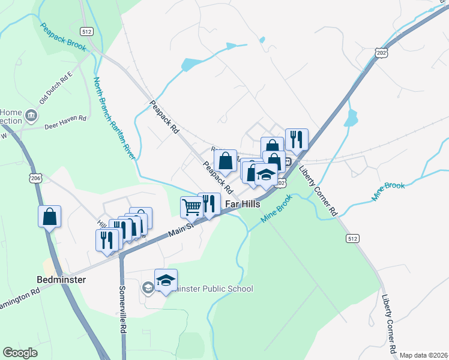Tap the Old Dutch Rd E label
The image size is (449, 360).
click(x=56, y=86)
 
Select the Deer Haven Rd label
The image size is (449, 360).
click(x=65, y=119)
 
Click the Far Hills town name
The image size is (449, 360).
click(x=243, y=204)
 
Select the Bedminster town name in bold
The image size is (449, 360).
click(x=61, y=280)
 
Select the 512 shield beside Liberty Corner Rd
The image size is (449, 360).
click(x=352, y=238)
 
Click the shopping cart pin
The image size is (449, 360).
click(x=191, y=207)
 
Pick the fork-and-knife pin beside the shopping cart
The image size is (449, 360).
click(x=209, y=203)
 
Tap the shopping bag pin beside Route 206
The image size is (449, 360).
click(x=50, y=217)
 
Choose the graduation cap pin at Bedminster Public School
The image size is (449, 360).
click(x=166, y=280)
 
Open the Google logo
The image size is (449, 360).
click(x=20, y=352)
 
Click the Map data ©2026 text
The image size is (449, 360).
click(x=423, y=355)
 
